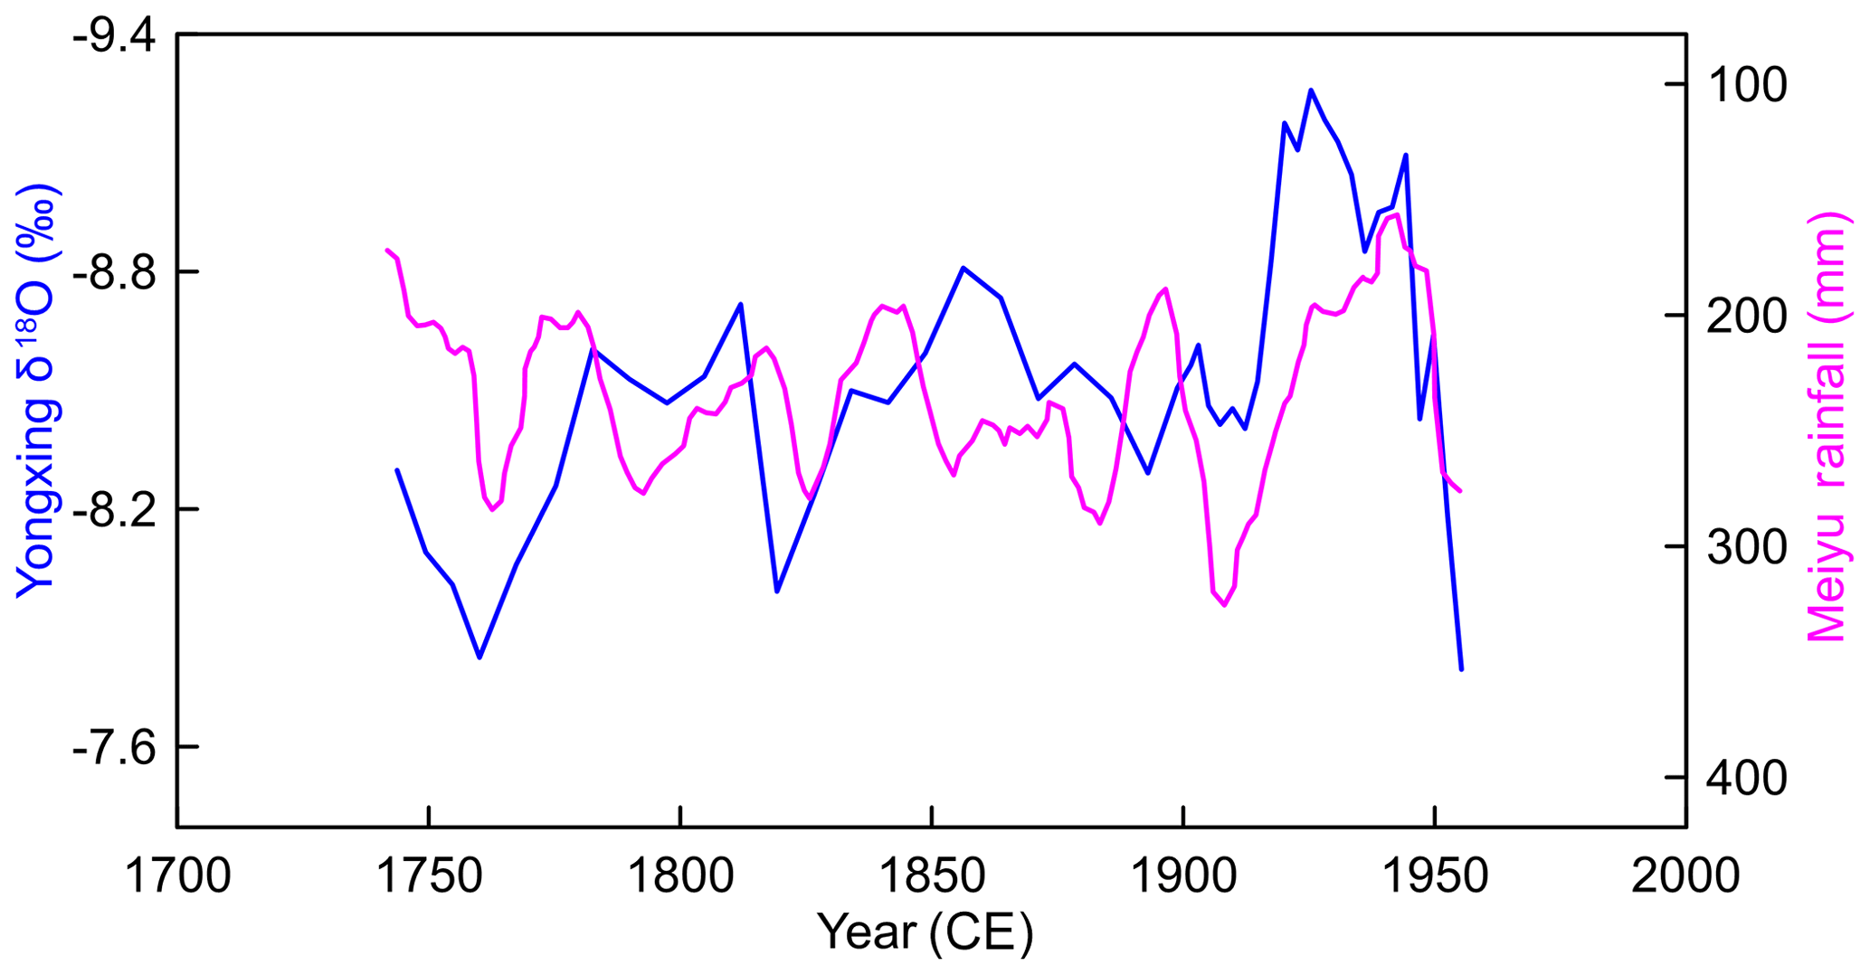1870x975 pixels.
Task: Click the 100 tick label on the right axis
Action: click(x=1747, y=86)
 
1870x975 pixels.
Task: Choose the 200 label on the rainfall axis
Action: click(x=1747, y=317)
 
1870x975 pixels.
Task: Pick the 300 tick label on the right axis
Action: click(x=1747, y=548)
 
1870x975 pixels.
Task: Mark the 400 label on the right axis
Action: click(x=1747, y=779)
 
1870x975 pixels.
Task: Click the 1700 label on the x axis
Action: click(x=177, y=876)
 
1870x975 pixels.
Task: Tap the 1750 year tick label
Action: click(x=429, y=876)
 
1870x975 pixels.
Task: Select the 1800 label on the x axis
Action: click(x=680, y=876)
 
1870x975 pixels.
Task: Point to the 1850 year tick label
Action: click(x=932, y=876)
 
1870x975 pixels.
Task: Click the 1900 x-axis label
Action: click(x=1183, y=876)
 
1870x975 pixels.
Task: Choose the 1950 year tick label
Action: click(x=1435, y=876)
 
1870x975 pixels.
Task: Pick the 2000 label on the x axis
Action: click(x=1685, y=876)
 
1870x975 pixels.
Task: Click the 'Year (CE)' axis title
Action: click(x=925, y=932)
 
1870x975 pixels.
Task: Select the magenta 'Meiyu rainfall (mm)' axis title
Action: click(x=1826, y=427)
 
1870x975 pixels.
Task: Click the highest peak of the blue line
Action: click(x=1310, y=90)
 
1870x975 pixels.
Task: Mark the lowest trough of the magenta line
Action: click(x=1224, y=605)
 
